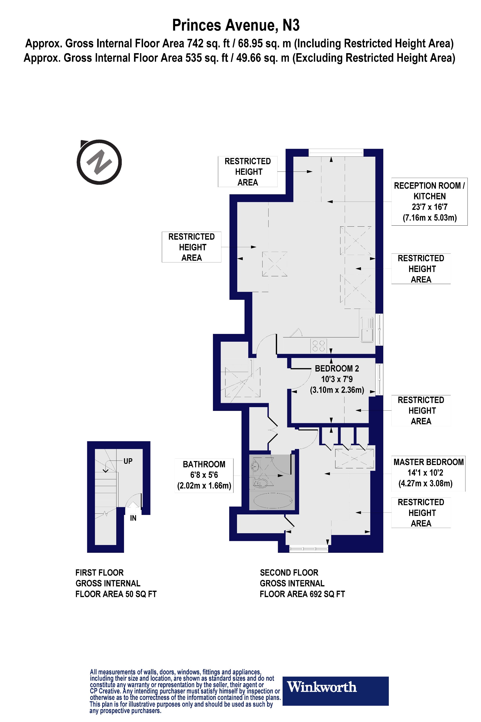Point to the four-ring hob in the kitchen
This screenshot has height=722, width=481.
(x=318, y=346)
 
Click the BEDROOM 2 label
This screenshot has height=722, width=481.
(x=336, y=368)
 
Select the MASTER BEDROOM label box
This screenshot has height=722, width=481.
(x=428, y=473)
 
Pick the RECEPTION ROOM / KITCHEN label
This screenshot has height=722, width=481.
(x=429, y=201)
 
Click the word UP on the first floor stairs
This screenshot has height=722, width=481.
(x=128, y=461)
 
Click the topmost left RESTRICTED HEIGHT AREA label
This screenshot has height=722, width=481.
(x=248, y=171)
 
